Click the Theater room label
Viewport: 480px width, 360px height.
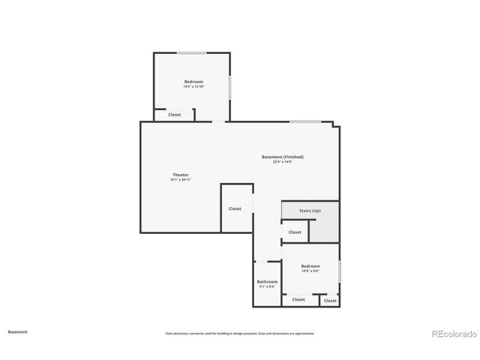pyautogui.click(x=180, y=175)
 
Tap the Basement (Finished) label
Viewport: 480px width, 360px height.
pyautogui.click(x=282, y=157)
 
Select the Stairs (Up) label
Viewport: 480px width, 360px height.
pyautogui.click(x=310, y=211)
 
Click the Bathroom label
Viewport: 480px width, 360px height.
pyautogui.click(x=267, y=281)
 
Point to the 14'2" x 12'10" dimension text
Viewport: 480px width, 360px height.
pyautogui.click(x=193, y=87)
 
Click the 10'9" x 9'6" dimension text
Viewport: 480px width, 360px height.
pyautogui.click(x=310, y=271)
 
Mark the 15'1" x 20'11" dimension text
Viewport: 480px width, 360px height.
pyautogui.click(x=180, y=180)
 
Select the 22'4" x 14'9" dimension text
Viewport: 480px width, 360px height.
pyautogui.click(x=282, y=162)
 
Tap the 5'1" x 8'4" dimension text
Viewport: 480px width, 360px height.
pyautogui.click(x=267, y=286)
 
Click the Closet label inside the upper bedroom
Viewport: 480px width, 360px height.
pyautogui.click(x=174, y=115)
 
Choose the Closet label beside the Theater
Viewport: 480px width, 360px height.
pyautogui.click(x=235, y=208)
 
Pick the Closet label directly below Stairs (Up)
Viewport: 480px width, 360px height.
pyautogui.click(x=295, y=232)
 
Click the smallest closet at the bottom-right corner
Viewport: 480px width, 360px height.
pyautogui.click(x=330, y=299)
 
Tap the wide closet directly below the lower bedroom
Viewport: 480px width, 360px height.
pyautogui.click(x=298, y=299)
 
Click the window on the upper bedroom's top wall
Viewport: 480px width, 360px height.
pyautogui.click(x=191, y=52)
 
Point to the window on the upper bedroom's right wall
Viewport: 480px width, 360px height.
pyautogui.click(x=230, y=85)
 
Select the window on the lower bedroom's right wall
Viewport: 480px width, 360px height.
pyautogui.click(x=340, y=271)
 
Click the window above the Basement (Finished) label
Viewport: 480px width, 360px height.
pyautogui.click(x=305, y=121)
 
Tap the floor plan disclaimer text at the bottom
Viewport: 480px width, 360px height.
pyautogui.click(x=240, y=333)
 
